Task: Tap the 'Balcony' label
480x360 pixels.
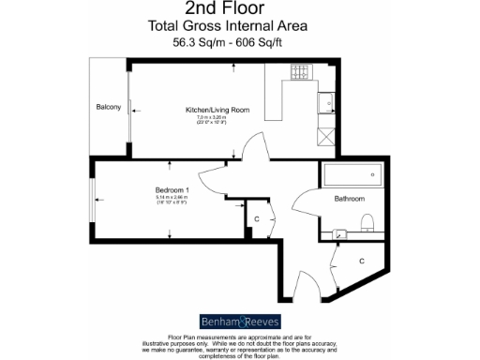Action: point(109,107)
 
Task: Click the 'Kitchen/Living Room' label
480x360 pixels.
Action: point(217,110)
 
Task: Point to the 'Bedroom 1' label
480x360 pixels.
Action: point(172,190)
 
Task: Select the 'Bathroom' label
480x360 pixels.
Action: point(349,199)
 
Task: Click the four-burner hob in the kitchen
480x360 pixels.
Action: point(303,71)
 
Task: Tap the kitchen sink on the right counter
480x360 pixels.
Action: point(325,101)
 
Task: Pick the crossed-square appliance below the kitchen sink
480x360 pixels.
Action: point(325,136)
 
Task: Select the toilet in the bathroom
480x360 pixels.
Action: point(367,221)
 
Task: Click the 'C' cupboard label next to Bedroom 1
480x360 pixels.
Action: point(256,219)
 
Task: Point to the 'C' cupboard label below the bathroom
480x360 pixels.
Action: point(362,260)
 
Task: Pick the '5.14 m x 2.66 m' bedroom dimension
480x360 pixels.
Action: point(172,198)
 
